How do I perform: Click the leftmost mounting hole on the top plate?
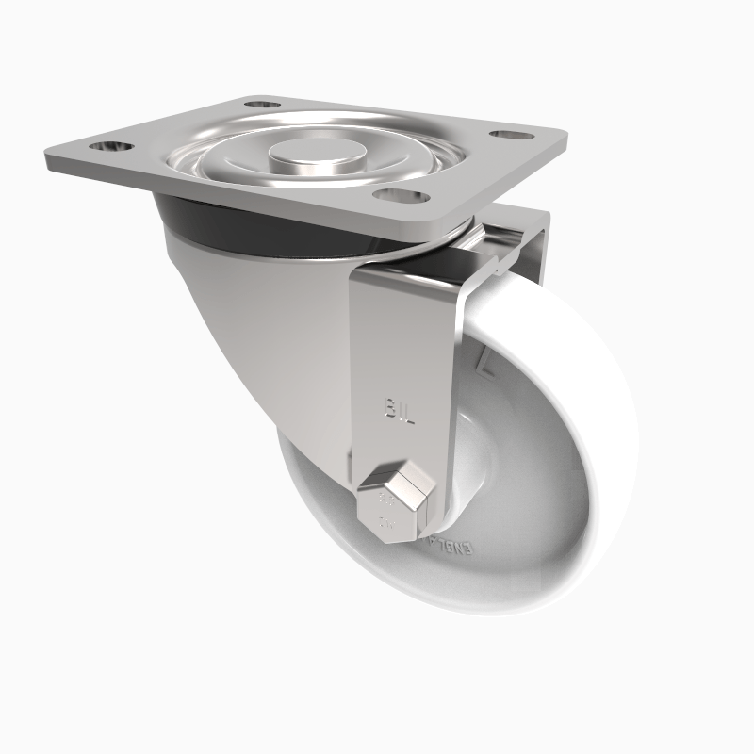[111, 147]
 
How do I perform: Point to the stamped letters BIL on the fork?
[400, 407]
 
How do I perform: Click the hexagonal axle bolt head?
[396, 505]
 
